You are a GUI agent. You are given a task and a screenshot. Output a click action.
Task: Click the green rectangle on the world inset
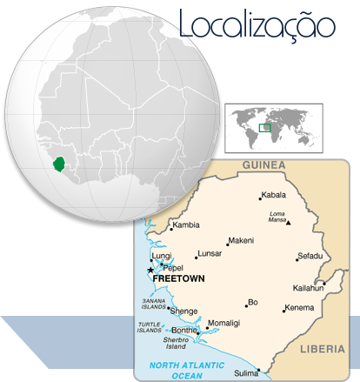(x=264, y=128)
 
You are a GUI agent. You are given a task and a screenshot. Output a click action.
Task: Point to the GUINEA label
(x=263, y=164)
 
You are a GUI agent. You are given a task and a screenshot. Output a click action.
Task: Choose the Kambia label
(x=186, y=225)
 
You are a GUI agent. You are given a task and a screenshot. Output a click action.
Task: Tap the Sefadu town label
(x=310, y=256)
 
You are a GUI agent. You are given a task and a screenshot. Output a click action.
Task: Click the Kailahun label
(x=308, y=288)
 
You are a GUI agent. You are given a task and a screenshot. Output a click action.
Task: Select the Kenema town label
(x=300, y=307)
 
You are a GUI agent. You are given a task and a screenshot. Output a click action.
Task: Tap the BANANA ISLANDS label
(x=153, y=303)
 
